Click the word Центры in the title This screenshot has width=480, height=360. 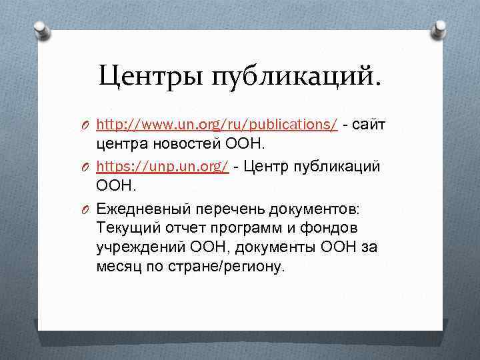151,77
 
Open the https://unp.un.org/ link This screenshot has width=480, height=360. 163,167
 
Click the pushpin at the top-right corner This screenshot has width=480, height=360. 441,27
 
